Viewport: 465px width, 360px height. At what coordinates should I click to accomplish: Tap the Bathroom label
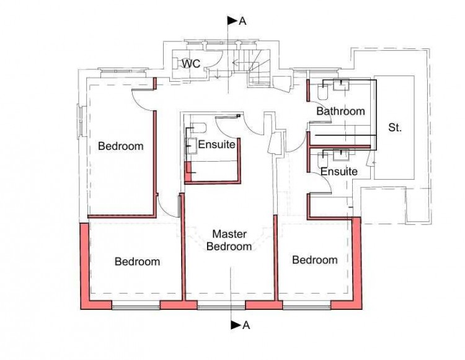point(340,112)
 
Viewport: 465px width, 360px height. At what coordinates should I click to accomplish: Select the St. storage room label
point(395,128)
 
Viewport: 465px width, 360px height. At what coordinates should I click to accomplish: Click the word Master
point(229,234)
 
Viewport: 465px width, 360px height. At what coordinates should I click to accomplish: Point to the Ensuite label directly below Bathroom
point(339,171)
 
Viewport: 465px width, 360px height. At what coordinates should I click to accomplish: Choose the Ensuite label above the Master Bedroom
point(216,145)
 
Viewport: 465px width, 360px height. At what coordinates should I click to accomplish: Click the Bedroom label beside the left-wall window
point(121,147)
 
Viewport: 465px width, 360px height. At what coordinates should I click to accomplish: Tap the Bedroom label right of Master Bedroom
point(314,260)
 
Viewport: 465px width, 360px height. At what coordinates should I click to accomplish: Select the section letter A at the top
point(242,21)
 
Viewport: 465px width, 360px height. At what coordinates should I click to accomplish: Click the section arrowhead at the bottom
point(234,325)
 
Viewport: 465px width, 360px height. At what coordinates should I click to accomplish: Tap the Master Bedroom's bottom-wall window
point(221,305)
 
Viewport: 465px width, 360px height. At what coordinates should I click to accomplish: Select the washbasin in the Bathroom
point(342,85)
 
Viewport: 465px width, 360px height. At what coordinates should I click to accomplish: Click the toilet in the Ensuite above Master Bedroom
point(198,128)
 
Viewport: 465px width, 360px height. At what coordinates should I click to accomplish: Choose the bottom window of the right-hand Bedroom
point(306,305)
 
